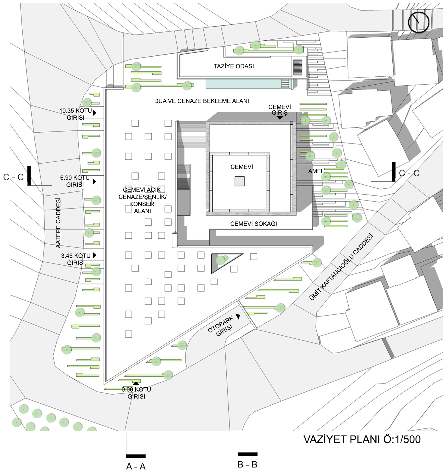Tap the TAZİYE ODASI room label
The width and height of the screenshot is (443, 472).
point(234,66)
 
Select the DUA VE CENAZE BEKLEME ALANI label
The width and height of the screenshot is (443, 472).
point(202,101)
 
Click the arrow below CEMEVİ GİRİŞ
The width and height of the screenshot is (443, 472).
point(280,118)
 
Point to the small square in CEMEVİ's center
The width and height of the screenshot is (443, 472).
point(239,181)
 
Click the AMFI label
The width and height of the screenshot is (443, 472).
point(315,171)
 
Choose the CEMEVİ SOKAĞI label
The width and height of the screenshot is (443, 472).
point(254,224)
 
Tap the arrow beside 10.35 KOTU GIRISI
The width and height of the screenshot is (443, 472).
point(94,113)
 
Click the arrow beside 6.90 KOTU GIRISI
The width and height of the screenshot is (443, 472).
point(94,182)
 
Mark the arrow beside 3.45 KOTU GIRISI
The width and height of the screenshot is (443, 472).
point(94,255)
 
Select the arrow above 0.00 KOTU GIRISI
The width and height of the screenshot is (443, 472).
point(136,383)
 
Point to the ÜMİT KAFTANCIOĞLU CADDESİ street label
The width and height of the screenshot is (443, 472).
point(341,267)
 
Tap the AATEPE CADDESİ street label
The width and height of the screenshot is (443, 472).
point(58,223)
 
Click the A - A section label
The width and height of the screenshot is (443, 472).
point(136,466)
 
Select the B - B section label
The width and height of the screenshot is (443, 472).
point(247,464)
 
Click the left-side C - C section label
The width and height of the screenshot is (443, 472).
point(13,177)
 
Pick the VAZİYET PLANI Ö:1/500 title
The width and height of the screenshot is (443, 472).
point(362,439)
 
